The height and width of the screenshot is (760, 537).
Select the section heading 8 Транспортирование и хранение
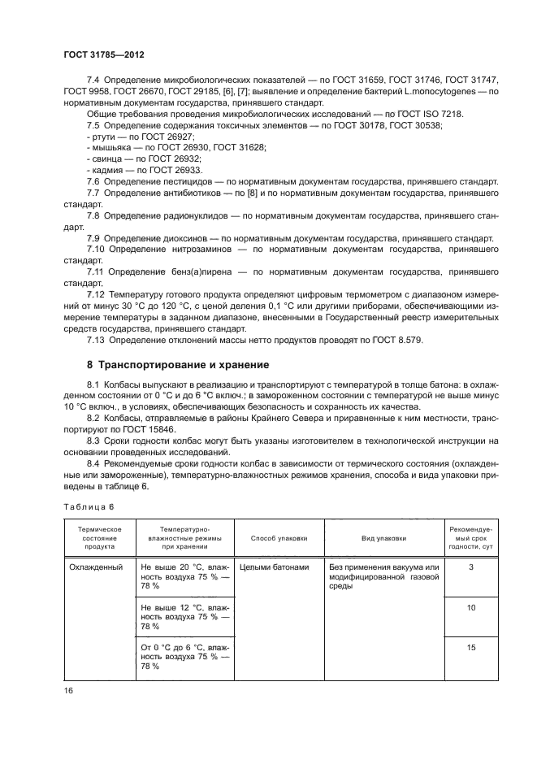(178, 365)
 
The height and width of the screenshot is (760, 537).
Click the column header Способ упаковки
(279, 537)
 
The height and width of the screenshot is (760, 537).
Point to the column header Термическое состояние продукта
(99, 537)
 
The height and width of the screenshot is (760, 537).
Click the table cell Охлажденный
(94, 567)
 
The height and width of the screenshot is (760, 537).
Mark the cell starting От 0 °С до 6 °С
(184, 656)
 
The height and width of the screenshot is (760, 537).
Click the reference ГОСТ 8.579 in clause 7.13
(396, 339)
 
